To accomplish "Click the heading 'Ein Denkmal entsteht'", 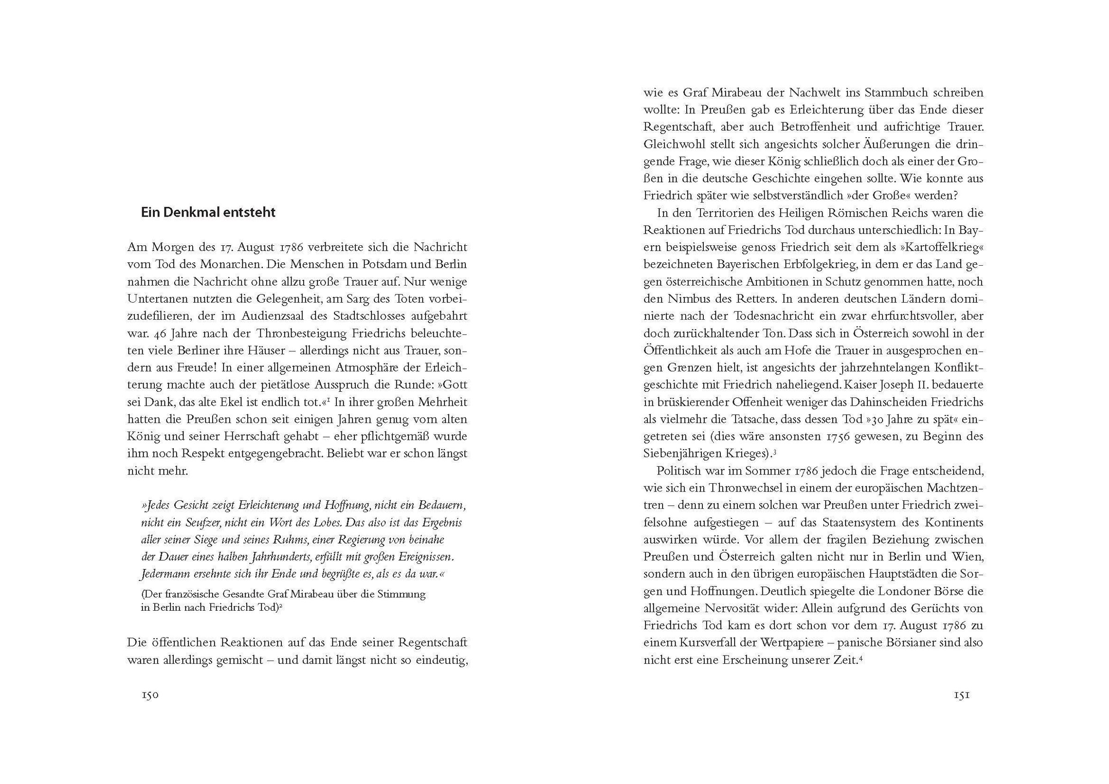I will point(208,213).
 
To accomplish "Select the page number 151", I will point(961,696).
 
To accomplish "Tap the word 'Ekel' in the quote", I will point(222,402).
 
